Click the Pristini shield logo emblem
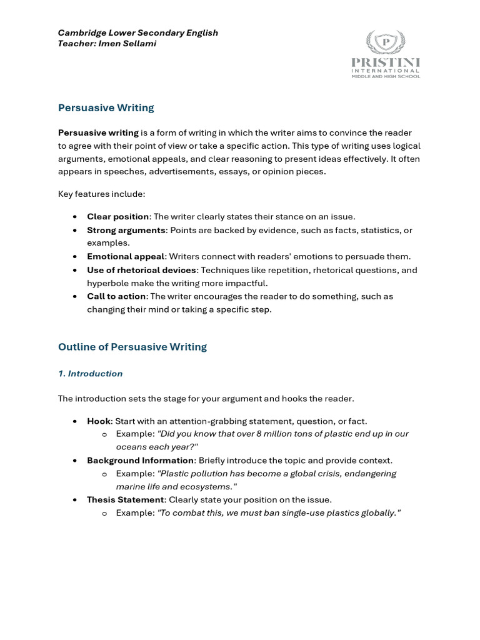(x=386, y=42)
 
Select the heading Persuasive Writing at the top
(x=106, y=107)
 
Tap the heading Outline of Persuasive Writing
(x=132, y=347)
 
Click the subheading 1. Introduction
(x=90, y=374)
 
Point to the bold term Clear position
(x=117, y=217)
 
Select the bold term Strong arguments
(x=126, y=231)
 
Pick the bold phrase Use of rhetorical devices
(x=142, y=271)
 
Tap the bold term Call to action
(x=116, y=297)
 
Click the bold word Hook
(x=98, y=421)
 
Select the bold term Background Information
(x=140, y=461)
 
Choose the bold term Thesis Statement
(x=125, y=500)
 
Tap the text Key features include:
(x=101, y=194)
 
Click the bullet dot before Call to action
(x=75, y=297)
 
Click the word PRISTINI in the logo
(x=386, y=62)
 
